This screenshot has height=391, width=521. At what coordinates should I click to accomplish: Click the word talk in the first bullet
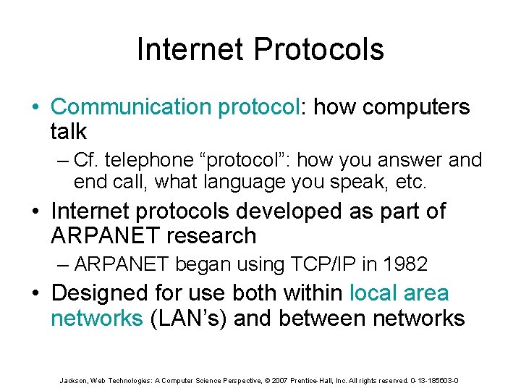coord(69,132)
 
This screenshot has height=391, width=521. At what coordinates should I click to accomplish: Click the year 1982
coord(404,264)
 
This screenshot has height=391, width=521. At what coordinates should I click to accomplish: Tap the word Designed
coord(96,293)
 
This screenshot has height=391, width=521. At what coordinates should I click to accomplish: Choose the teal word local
coord(373,293)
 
